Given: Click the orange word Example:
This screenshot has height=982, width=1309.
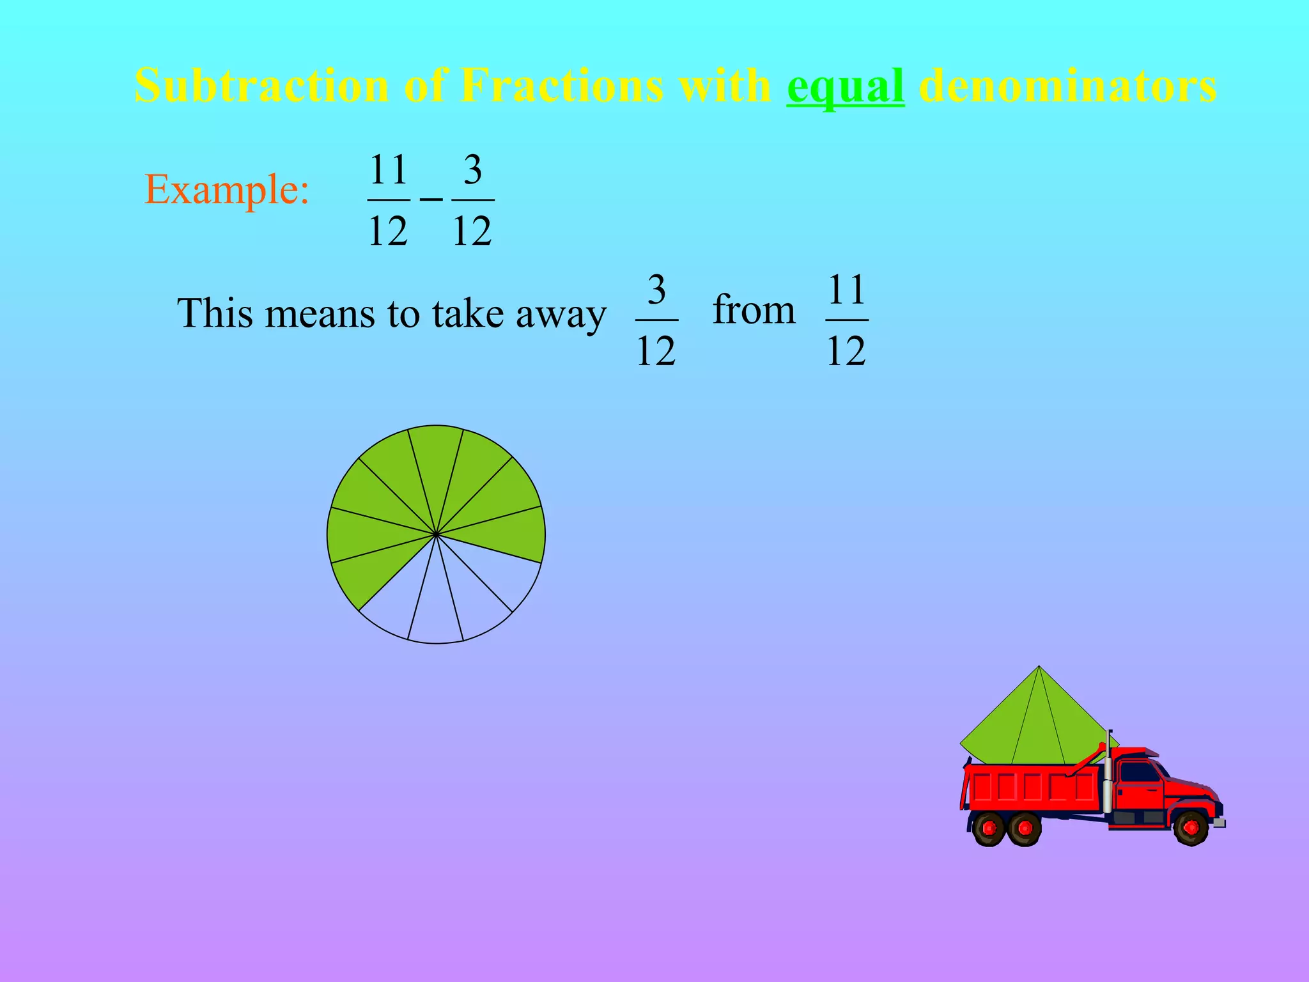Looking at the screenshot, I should point(227,190).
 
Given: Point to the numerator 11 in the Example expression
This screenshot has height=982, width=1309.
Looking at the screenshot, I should point(389,170).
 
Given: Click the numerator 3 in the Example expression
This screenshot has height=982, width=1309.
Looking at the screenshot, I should point(472,170).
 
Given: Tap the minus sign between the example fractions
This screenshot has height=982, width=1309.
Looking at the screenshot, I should point(431,200).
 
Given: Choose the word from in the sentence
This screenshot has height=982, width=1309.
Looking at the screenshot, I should point(754,310).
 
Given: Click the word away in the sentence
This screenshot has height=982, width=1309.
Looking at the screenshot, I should point(561,314).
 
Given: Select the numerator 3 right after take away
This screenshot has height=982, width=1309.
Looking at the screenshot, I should point(656,290).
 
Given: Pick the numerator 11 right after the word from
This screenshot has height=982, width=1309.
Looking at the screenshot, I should point(846,290).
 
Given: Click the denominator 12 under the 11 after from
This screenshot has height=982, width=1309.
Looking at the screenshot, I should point(846,351).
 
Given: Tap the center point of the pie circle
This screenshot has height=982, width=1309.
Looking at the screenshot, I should point(436,534).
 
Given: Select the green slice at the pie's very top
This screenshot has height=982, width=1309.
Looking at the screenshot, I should point(436,460).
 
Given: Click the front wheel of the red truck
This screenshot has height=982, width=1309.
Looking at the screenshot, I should point(1191,829).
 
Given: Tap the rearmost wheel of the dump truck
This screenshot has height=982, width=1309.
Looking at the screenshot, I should point(989,829).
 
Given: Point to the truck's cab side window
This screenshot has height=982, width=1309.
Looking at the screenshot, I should point(1139,772).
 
